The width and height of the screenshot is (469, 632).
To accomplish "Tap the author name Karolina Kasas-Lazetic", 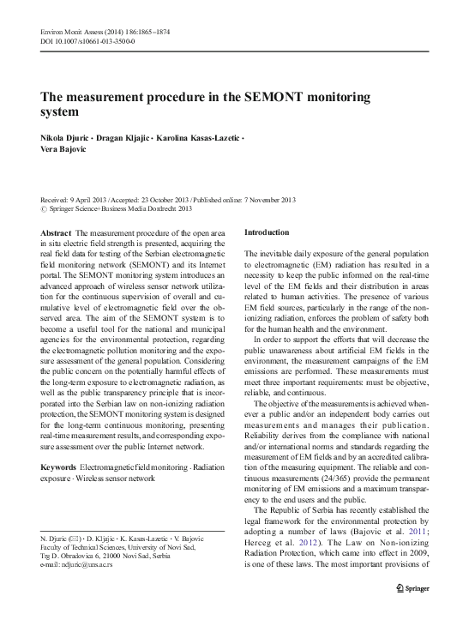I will pyautogui.click(x=201, y=138).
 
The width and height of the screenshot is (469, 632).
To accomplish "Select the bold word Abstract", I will pyautogui.click(x=57, y=233).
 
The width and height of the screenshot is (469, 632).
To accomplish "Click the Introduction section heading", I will pyautogui.click(x=267, y=233).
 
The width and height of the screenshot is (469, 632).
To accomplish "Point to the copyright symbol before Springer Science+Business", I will pyautogui.click(x=45, y=208).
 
